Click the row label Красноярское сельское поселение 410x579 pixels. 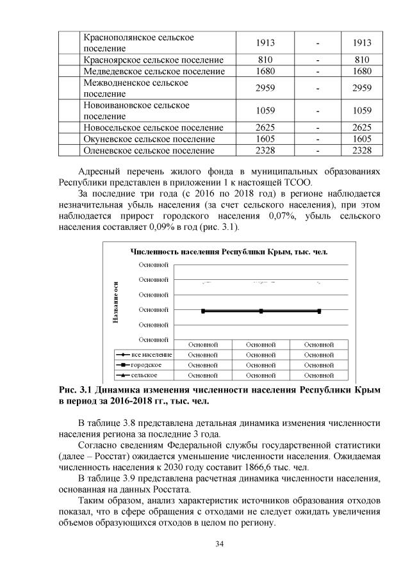coord(153,60)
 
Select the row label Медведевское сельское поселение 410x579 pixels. coord(154,71)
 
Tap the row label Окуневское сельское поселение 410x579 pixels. coord(149,139)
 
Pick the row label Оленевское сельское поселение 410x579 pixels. coord(149,151)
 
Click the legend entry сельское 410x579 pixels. coord(144,375)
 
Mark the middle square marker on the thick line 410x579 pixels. coord(261,311)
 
